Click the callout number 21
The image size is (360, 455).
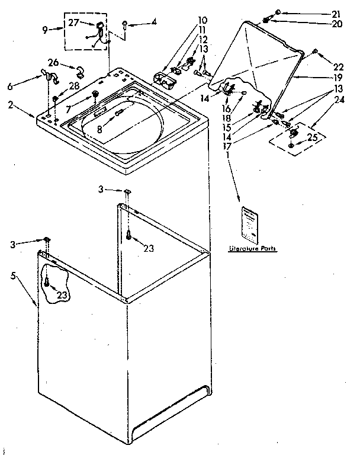tap(336, 13)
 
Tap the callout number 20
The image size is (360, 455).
tap(336, 24)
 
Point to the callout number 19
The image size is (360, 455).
tap(336, 77)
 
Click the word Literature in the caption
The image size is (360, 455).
tap(245, 249)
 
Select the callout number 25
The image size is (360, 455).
tap(313, 139)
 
